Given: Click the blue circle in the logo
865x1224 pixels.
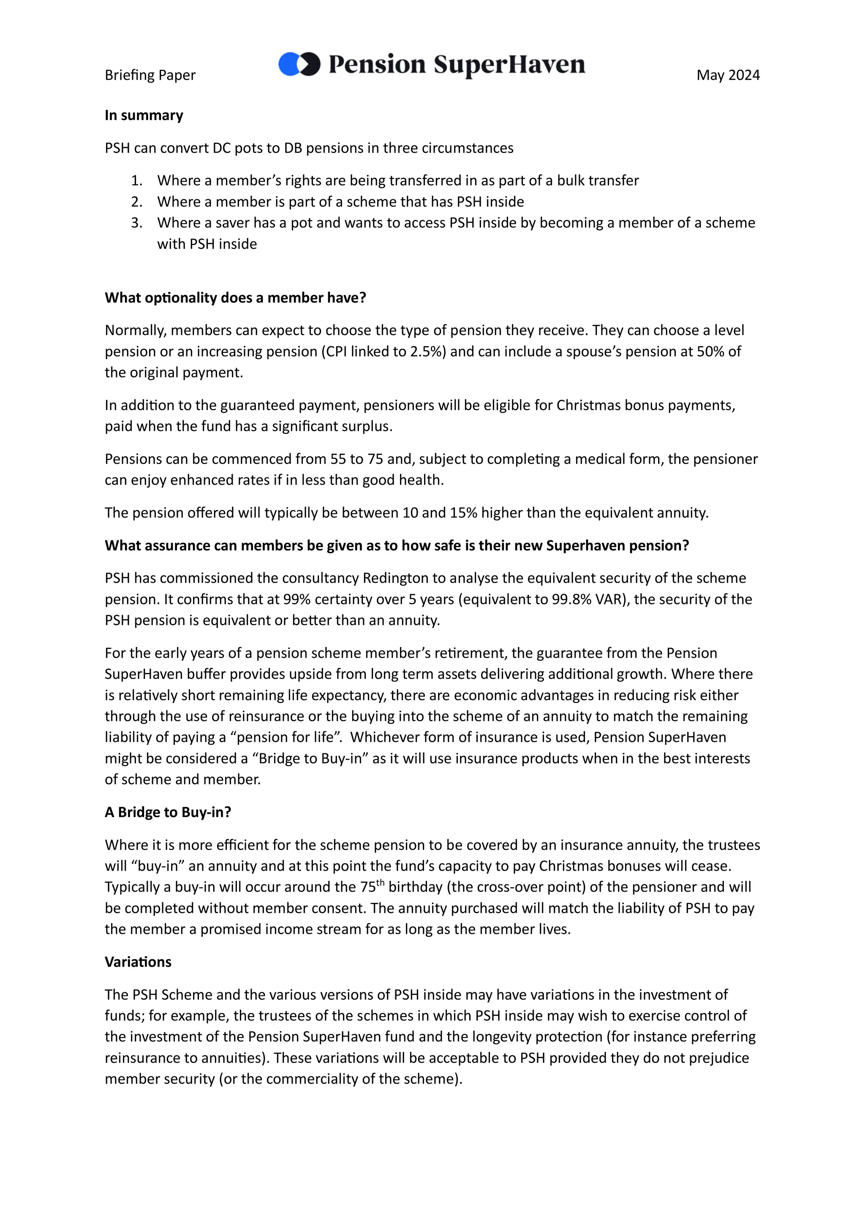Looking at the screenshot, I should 288,64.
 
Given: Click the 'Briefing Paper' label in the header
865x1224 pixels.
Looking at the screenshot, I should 150,75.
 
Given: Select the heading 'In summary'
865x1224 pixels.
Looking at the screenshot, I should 144,115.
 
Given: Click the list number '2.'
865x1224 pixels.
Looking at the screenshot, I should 137,202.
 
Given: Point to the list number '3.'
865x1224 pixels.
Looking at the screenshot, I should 137,223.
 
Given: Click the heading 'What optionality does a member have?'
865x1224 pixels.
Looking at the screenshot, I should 235,297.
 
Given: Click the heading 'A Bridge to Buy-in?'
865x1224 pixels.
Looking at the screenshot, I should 168,812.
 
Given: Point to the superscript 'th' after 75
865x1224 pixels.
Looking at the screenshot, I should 380,882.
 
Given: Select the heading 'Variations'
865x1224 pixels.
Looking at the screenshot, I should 138,962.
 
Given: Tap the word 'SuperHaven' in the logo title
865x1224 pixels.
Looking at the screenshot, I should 509,65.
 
